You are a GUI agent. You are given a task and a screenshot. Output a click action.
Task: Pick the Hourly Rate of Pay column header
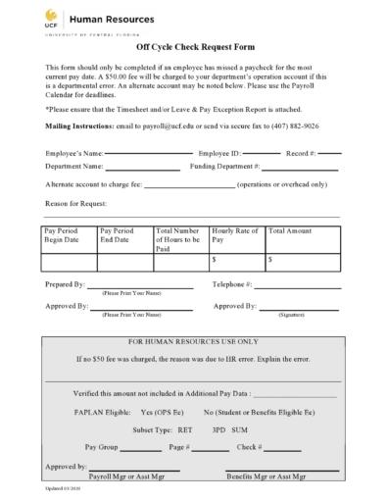[234, 235]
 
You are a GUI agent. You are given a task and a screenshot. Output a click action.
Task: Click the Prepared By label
[65, 284]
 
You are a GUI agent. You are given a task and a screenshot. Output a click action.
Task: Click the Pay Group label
[102, 447]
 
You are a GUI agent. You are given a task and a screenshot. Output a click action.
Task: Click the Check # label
[249, 447]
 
